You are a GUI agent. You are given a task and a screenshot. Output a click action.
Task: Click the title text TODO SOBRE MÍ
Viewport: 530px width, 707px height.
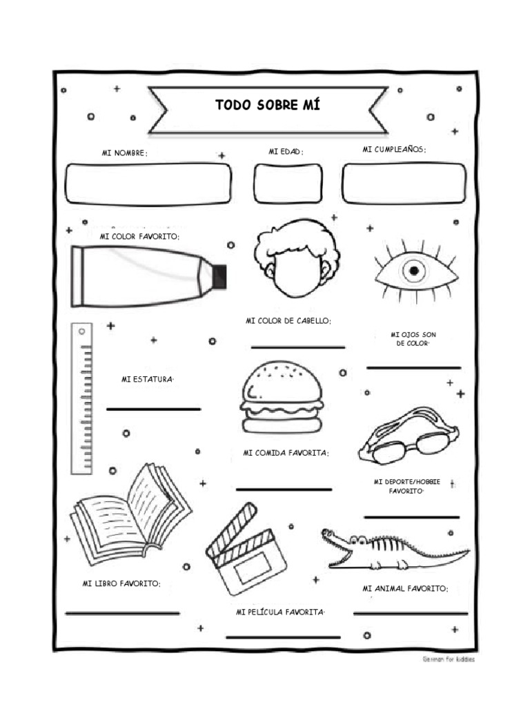point(267,105)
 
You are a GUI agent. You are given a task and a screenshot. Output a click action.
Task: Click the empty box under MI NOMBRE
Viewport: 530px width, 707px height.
point(148,184)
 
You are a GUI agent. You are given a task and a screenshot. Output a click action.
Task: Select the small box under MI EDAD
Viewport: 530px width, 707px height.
point(287,184)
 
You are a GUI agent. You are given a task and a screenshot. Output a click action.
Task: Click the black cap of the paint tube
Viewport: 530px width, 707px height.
point(220,276)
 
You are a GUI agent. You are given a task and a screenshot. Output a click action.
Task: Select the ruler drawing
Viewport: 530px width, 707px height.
point(82,400)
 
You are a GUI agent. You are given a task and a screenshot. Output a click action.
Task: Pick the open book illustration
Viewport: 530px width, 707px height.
point(130,514)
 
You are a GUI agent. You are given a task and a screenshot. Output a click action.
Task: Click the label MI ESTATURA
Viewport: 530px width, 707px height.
point(146,379)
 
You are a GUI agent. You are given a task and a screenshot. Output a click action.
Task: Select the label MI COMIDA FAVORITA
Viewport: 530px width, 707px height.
point(286,453)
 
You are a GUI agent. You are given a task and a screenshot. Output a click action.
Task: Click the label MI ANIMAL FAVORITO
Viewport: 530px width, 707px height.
point(406,589)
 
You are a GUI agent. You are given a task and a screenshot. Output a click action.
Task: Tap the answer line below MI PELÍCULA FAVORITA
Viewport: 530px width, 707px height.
point(283,637)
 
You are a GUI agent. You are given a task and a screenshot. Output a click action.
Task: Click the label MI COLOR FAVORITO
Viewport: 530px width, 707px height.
point(139,237)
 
